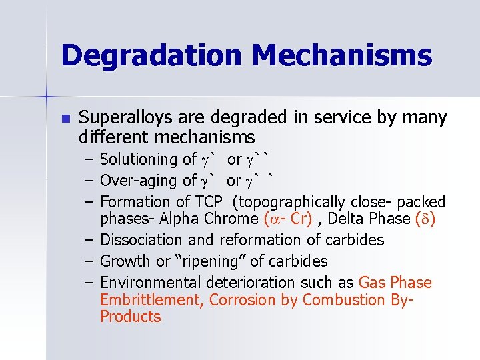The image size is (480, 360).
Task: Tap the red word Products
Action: coord(131,317)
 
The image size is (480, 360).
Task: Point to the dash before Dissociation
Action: coord(90,240)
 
